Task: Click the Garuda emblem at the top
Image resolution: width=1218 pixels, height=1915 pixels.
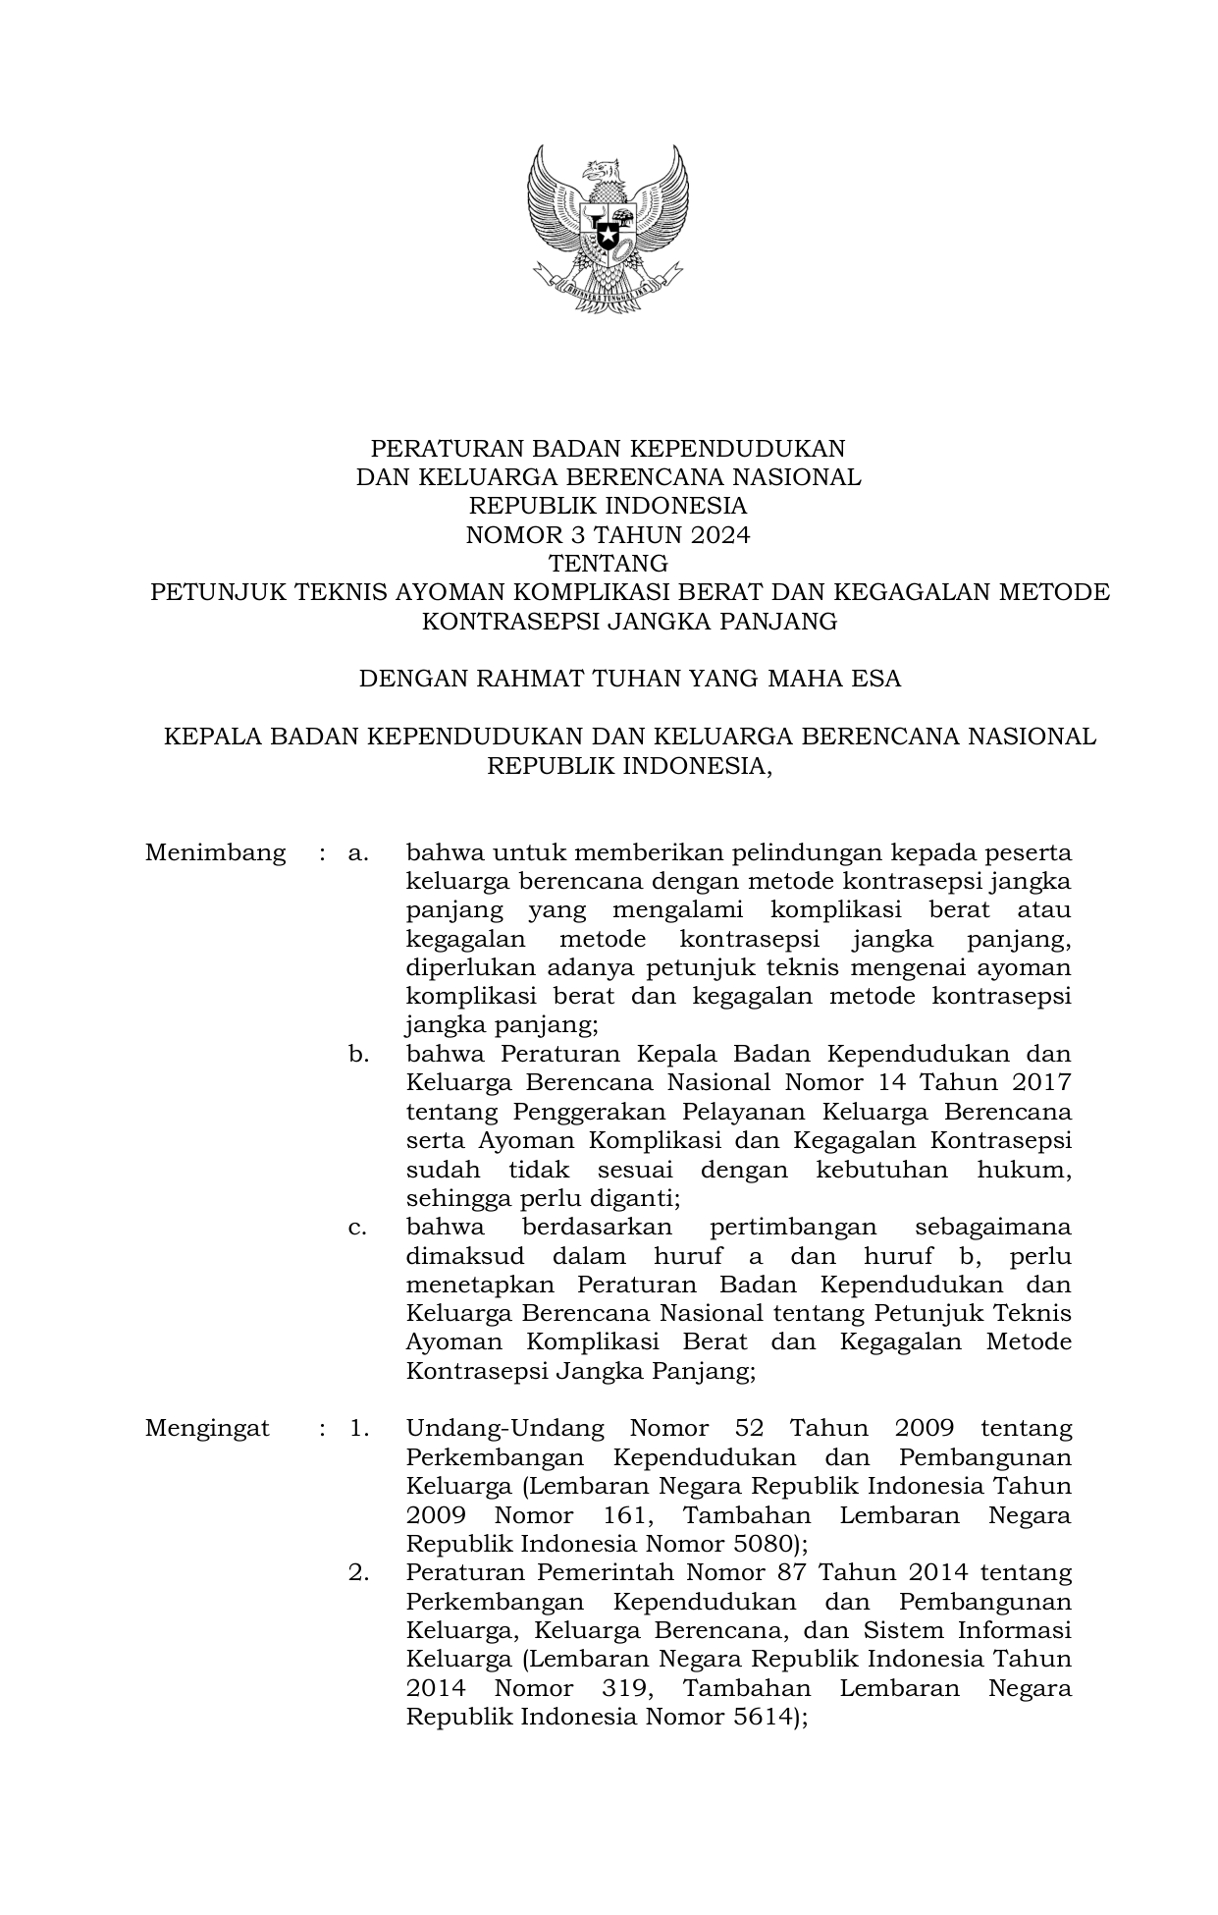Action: (608, 228)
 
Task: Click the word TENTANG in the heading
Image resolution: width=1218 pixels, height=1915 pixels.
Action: (608, 565)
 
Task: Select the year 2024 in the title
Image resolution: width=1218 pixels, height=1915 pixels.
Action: (716, 535)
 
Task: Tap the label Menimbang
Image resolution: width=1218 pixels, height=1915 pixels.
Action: (215, 852)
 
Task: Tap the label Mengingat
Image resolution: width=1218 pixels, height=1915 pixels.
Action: (207, 1428)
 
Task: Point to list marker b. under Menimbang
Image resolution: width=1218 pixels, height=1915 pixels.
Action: (358, 1055)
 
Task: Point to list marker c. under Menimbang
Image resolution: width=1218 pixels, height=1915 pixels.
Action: (358, 1228)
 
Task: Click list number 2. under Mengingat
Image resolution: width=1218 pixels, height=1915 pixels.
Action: (358, 1572)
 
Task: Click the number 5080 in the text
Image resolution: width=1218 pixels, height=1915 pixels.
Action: (759, 1543)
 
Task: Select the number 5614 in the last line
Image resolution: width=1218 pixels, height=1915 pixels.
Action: (759, 1717)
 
